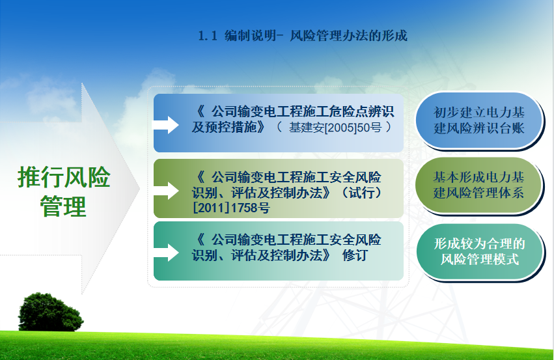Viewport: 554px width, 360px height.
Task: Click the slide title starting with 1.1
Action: point(303,36)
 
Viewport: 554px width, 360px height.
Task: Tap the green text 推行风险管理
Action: point(64,191)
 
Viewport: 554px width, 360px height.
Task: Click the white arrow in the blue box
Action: point(165,125)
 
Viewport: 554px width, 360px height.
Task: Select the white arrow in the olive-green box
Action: point(165,191)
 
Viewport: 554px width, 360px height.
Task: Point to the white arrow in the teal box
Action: point(165,253)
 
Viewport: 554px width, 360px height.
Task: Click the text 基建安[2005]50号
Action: point(335,127)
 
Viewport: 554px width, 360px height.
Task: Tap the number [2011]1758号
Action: point(231,208)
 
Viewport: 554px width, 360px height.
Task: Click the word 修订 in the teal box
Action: point(355,255)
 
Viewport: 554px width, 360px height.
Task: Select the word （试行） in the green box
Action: point(361,193)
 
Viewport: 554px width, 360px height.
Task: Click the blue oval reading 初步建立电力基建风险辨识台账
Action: point(478,120)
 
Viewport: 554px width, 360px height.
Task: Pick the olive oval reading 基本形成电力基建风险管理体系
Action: point(478,185)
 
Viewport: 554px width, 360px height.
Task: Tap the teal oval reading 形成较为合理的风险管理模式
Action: point(479,251)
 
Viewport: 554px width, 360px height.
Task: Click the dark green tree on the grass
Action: point(51,312)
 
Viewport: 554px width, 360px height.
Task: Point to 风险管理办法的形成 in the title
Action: point(349,36)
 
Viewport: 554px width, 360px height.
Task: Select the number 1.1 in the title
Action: point(208,36)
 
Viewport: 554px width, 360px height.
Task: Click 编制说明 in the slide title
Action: point(250,36)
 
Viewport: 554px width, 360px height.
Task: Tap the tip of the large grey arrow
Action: point(140,188)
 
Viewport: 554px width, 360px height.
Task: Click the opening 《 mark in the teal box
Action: point(200,240)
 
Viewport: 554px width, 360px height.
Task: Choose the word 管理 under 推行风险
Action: point(63,206)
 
